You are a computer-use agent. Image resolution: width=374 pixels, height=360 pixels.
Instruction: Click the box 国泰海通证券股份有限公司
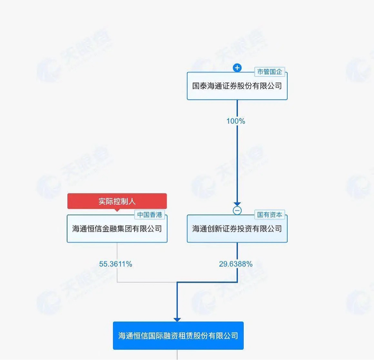click(x=237, y=86)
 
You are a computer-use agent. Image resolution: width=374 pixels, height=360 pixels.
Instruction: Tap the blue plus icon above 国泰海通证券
click(x=237, y=68)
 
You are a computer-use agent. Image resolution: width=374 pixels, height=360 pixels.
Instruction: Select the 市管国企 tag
click(x=270, y=72)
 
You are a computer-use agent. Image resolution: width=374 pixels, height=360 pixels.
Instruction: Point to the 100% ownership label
click(x=236, y=121)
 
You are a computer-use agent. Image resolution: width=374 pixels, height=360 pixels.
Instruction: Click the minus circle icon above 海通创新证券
click(x=237, y=211)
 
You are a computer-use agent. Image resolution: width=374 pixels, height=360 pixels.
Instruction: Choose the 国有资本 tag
click(x=270, y=215)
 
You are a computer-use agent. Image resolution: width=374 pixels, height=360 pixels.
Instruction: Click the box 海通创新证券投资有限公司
click(x=237, y=229)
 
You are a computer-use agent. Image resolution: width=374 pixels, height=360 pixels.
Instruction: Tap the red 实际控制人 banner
click(x=117, y=201)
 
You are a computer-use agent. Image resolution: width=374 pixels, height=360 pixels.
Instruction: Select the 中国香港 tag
click(x=150, y=215)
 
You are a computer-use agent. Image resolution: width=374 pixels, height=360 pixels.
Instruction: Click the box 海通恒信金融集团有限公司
click(x=117, y=229)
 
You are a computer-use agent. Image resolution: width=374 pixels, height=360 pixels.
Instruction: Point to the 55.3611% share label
click(x=115, y=264)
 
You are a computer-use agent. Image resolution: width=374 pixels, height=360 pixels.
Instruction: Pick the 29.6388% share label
click(x=236, y=264)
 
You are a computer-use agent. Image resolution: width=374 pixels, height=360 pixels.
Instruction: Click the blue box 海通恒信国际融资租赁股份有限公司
click(x=178, y=336)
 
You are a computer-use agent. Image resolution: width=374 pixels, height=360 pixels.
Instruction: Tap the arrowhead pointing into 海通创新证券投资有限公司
click(x=237, y=204)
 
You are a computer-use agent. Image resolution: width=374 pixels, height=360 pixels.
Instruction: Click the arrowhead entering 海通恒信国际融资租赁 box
click(x=177, y=319)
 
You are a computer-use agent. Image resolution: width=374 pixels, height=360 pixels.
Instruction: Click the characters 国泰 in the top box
click(x=199, y=86)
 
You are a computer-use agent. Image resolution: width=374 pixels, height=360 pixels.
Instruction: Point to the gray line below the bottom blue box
click(x=177, y=355)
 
